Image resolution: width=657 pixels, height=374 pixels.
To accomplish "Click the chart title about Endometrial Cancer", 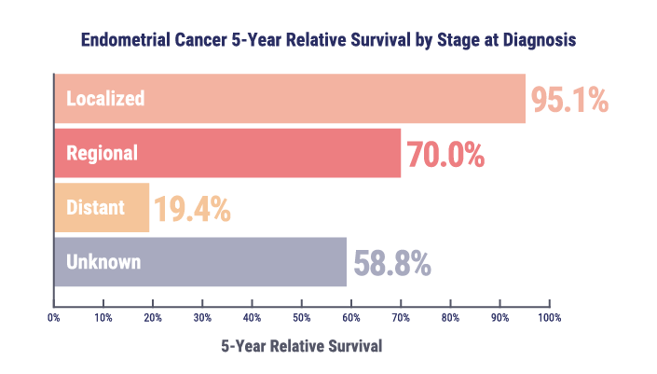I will coord(328,41).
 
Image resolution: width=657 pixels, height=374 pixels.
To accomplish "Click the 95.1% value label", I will coord(569,100).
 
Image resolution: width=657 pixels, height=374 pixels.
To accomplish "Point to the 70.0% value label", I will coord(445,154).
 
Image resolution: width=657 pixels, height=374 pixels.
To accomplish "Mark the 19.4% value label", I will coord(191,209).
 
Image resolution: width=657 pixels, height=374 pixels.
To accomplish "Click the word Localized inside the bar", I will coord(104,98).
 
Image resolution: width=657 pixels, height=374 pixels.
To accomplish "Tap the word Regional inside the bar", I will coord(102,153).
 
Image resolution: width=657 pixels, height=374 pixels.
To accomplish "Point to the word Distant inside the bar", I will coord(95,207).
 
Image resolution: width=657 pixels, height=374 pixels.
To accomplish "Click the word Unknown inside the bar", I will coord(103,262).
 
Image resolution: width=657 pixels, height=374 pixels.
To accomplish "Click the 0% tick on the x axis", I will coord(54,318).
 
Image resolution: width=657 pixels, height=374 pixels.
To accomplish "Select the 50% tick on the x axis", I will coord(302,318).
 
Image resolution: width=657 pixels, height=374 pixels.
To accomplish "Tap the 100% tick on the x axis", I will coord(550,318).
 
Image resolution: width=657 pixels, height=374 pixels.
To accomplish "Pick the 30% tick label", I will coord(203,318).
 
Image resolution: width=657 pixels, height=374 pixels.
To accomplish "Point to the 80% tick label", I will coord(451,318).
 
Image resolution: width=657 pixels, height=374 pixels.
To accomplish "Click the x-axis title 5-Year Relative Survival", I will coord(301,346).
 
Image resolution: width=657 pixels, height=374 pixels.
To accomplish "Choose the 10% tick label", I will coord(103,318).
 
